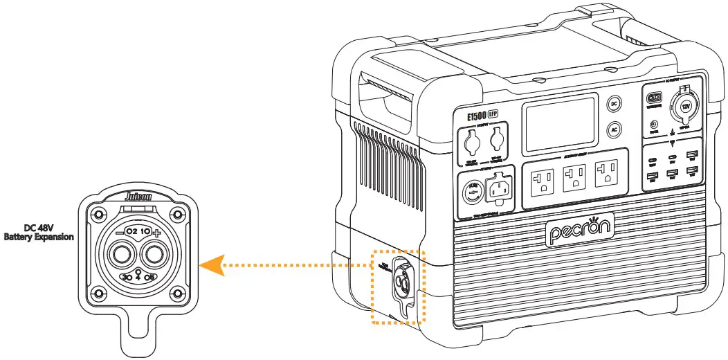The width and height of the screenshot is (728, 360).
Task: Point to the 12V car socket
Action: (686, 107)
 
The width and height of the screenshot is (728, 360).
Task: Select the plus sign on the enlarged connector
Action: (158, 232)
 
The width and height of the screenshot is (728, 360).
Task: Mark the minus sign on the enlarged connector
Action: (118, 232)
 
